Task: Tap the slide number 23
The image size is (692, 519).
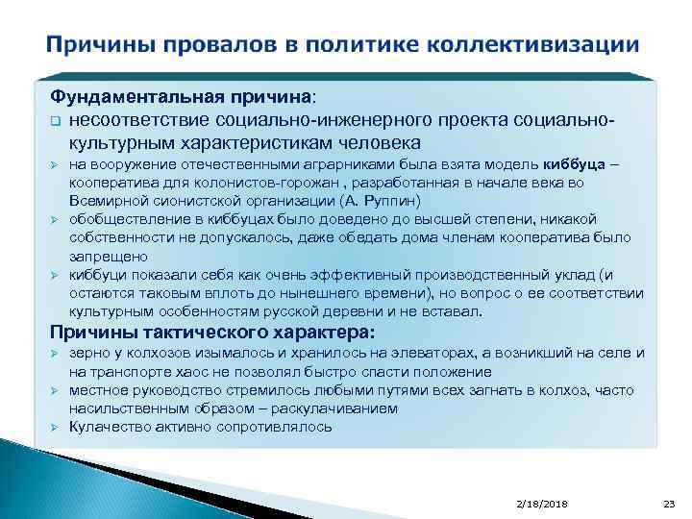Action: [x=669, y=504]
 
